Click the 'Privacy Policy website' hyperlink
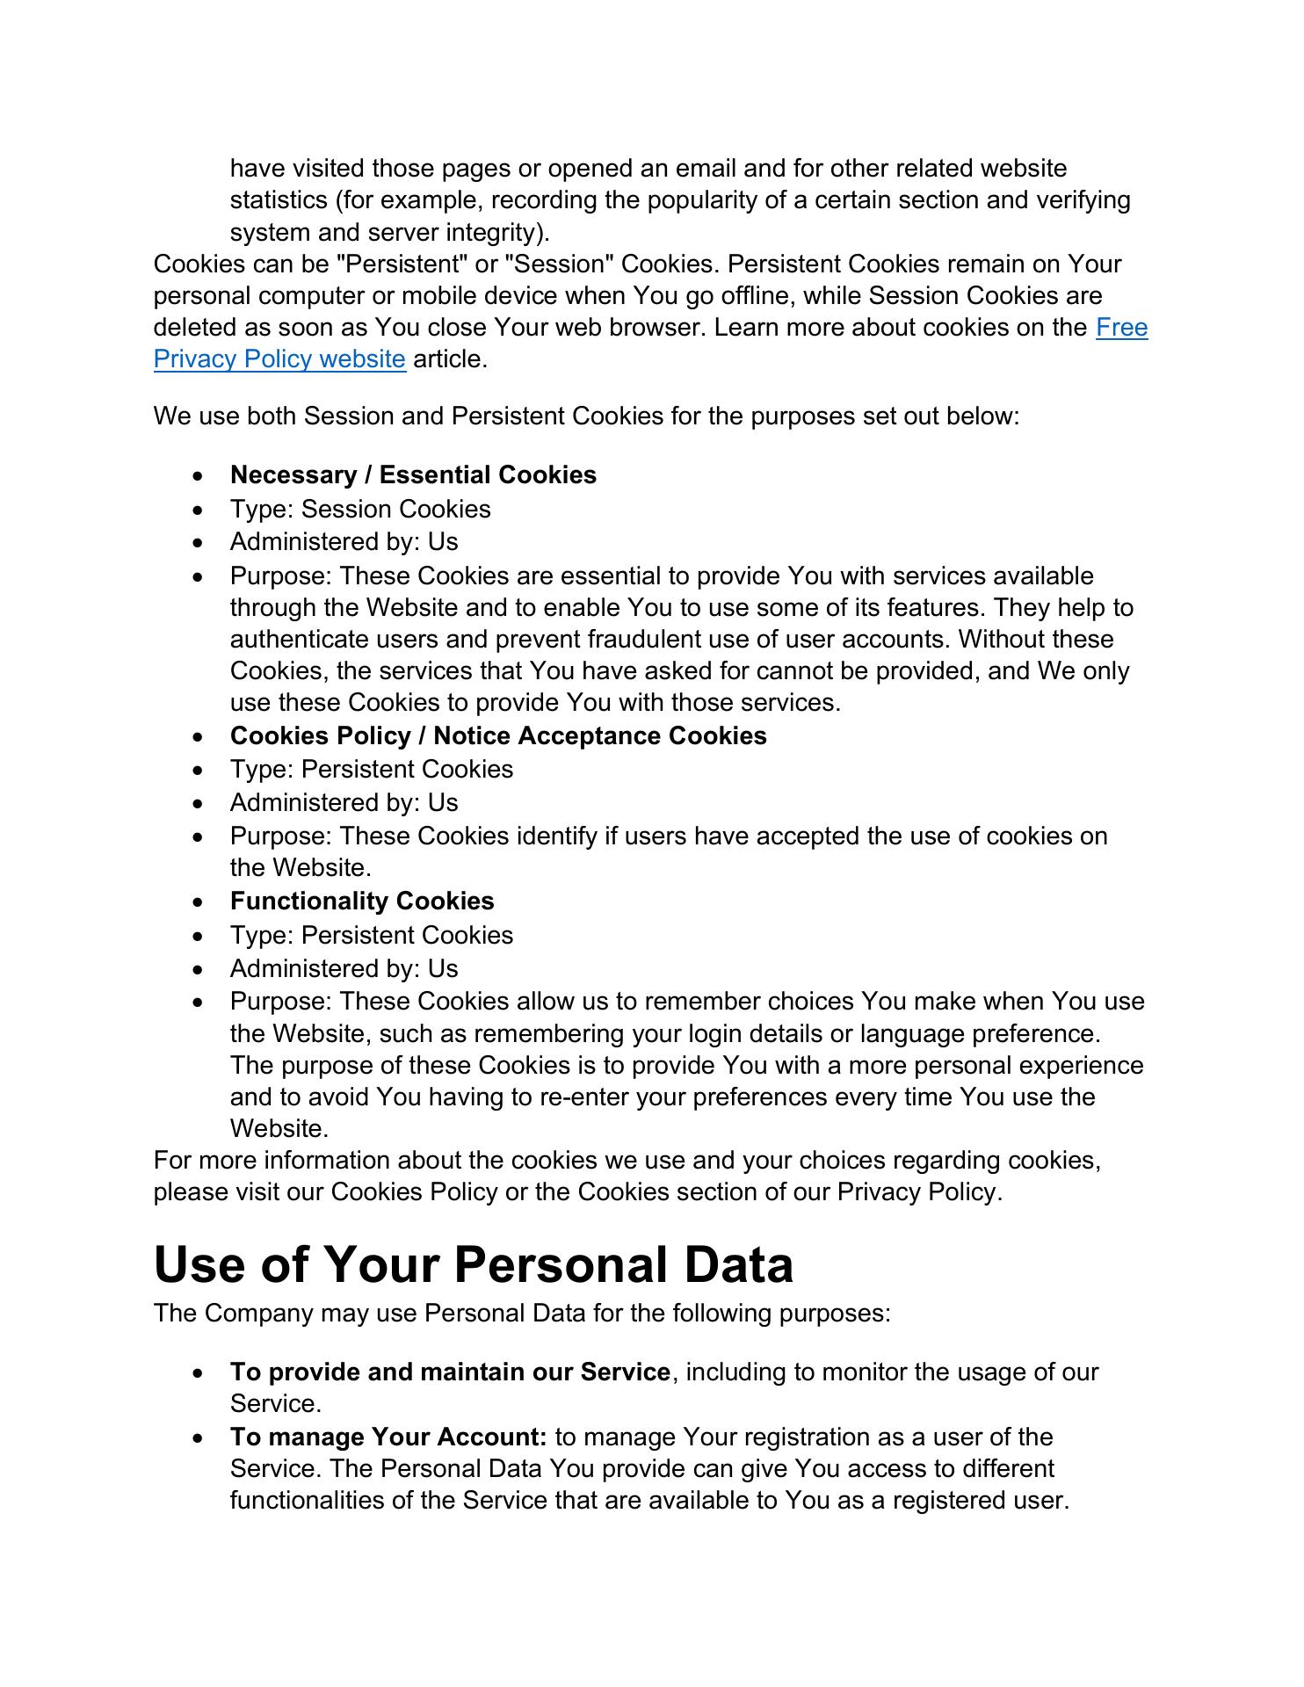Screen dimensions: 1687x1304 tap(279, 359)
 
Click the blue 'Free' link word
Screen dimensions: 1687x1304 tap(1121, 328)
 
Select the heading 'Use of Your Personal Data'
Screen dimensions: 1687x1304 tap(473, 1264)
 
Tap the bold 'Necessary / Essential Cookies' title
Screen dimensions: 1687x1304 tap(413, 475)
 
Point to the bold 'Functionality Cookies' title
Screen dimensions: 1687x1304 tap(362, 901)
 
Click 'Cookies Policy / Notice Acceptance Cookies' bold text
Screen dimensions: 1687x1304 tap(498, 736)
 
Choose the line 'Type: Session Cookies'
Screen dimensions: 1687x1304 tap(360, 510)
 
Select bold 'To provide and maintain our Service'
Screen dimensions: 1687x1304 tap(450, 1372)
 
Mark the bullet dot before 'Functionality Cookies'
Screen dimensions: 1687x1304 tap(201, 902)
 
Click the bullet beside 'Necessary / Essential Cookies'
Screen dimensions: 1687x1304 tap(201, 476)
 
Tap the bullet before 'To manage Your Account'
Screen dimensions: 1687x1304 tap(201, 1438)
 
